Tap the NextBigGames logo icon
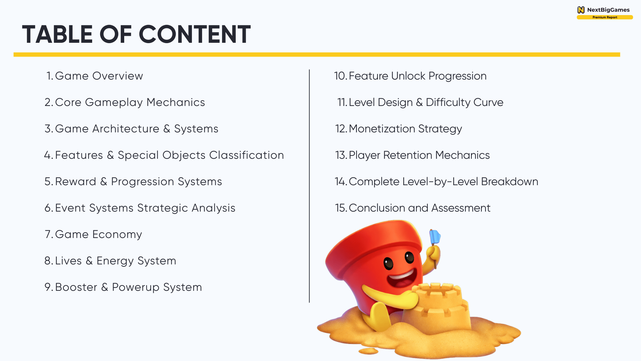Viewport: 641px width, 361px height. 581,10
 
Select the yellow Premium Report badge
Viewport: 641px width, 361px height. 605,17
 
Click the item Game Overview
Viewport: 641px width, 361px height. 95,76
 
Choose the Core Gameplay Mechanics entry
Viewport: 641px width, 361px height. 125,102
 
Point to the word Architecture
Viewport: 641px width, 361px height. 126,129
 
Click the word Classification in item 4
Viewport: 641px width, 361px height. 246,155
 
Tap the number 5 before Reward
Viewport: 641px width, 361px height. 49,182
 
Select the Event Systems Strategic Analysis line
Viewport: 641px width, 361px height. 140,208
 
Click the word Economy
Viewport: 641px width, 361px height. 117,234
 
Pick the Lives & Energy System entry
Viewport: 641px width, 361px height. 110,261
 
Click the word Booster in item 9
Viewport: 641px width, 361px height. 76,287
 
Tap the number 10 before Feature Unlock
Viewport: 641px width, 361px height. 341,76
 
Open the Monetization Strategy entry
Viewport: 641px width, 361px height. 399,129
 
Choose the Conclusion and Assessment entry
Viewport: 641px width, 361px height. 413,208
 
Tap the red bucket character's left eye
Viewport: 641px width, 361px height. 388,264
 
